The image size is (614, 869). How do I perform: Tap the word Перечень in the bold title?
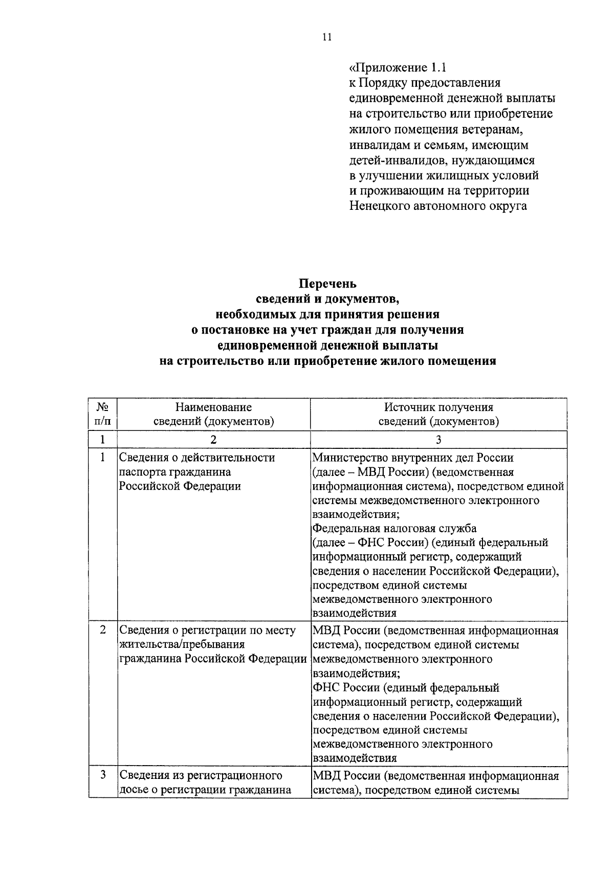(x=327, y=284)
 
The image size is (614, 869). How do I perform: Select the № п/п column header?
(x=103, y=414)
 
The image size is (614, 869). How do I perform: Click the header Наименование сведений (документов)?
(x=213, y=414)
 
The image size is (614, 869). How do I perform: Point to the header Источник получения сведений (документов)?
(x=438, y=414)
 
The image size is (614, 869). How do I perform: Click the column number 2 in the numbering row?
(x=213, y=439)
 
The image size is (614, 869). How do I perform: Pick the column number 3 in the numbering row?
(x=438, y=439)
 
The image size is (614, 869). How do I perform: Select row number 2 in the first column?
(x=103, y=630)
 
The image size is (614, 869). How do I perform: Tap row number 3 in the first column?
(x=103, y=775)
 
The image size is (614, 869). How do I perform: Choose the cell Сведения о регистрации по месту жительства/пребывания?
(x=212, y=644)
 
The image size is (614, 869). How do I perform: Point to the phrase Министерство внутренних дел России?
(x=413, y=458)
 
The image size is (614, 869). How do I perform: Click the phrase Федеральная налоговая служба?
(x=394, y=528)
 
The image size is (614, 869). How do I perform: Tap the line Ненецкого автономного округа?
(x=438, y=206)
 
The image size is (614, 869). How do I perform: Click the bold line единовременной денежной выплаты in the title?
(x=327, y=345)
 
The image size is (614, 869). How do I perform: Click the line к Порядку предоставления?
(x=425, y=83)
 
